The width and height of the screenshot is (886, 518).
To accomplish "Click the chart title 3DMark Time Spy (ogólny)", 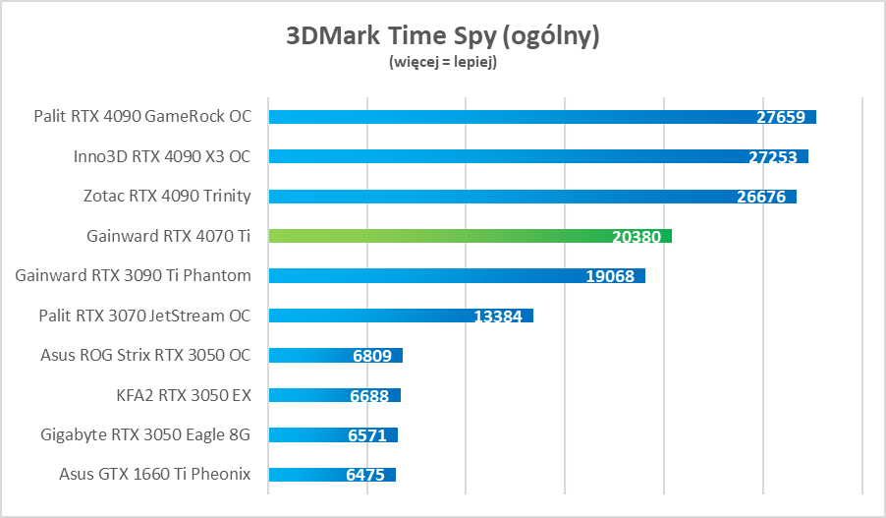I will click(x=442, y=36).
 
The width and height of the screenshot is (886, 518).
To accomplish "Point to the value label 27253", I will click(x=772, y=156).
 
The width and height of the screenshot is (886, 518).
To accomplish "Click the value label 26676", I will click(x=760, y=197).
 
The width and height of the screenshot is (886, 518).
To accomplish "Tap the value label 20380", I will click(x=637, y=236).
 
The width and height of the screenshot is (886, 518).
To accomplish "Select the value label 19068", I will click(x=610, y=276).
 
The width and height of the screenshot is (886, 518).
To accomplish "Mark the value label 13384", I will click(x=498, y=316).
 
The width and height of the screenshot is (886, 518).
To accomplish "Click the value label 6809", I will click(x=371, y=356).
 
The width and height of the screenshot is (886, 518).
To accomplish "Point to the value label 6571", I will click(x=367, y=435).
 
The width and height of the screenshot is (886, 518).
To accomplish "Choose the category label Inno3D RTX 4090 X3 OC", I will click(x=162, y=156).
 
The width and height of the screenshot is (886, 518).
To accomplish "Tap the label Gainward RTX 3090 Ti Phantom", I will click(x=133, y=275).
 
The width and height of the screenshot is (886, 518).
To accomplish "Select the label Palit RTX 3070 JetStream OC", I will click(x=144, y=316).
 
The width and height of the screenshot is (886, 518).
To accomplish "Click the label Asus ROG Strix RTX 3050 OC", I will click(x=145, y=355).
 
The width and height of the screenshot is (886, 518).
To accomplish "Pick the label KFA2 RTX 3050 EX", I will click(x=184, y=395).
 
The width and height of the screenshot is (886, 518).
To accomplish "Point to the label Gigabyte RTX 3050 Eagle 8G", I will click(x=145, y=434).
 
